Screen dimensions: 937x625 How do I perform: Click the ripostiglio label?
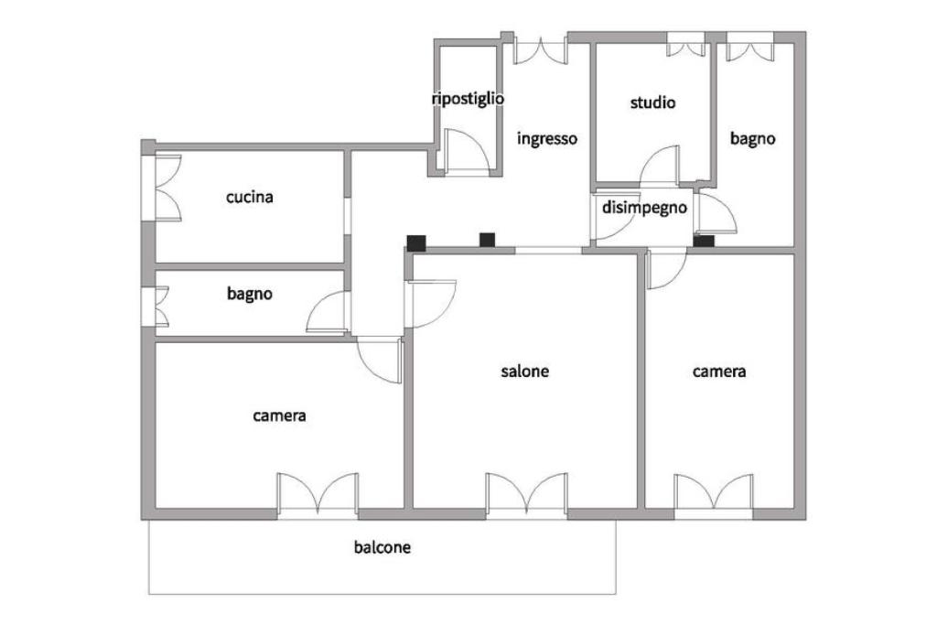(468, 99)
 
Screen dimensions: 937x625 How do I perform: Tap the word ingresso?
(547, 139)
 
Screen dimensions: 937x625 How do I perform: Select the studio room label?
(652, 102)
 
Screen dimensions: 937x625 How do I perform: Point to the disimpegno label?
(644, 208)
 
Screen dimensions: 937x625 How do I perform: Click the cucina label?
(250, 197)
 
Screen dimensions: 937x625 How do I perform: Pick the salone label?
(525, 372)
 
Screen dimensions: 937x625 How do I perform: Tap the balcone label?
(382, 548)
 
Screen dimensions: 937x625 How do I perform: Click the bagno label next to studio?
(752, 139)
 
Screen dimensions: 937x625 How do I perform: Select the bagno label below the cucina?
(250, 295)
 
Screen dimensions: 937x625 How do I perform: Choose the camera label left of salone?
(279, 415)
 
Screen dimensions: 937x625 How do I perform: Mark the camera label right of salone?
(718, 372)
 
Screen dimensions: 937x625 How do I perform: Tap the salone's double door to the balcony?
(526, 494)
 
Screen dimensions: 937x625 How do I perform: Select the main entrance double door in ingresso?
(540, 50)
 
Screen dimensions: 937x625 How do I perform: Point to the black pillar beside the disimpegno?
(703, 241)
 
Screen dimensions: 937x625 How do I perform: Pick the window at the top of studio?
(685, 46)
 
